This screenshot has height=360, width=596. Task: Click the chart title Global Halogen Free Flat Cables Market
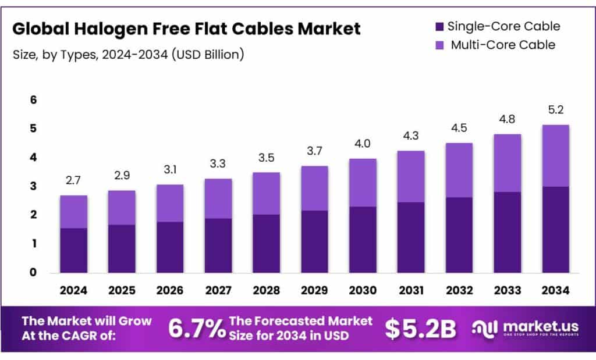pyautogui.click(x=186, y=28)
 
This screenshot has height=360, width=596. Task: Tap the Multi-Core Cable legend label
pyautogui.click(x=503, y=45)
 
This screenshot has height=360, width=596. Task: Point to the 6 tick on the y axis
pyautogui.click(x=34, y=100)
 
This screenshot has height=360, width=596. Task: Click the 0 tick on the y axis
pyautogui.click(x=34, y=272)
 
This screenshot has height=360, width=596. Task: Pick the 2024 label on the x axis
pyautogui.click(x=73, y=289)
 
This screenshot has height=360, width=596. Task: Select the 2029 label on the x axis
pyautogui.click(x=314, y=289)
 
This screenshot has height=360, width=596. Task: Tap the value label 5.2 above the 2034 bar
pyautogui.click(x=555, y=110)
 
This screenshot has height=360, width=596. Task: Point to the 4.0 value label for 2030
pyautogui.click(x=362, y=144)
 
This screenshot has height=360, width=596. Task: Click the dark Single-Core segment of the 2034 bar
pyautogui.click(x=555, y=230)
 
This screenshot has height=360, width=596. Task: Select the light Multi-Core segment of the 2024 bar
pyautogui.click(x=73, y=212)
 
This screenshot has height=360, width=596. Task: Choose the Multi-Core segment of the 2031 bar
pyautogui.click(x=410, y=176)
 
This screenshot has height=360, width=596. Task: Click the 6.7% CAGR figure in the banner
pyautogui.click(x=197, y=329)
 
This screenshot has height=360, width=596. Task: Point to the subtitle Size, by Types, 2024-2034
pyautogui.click(x=128, y=55)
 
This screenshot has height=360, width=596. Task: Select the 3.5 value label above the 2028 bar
pyautogui.click(x=266, y=158)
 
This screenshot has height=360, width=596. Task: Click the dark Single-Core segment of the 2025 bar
pyautogui.click(x=122, y=248)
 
